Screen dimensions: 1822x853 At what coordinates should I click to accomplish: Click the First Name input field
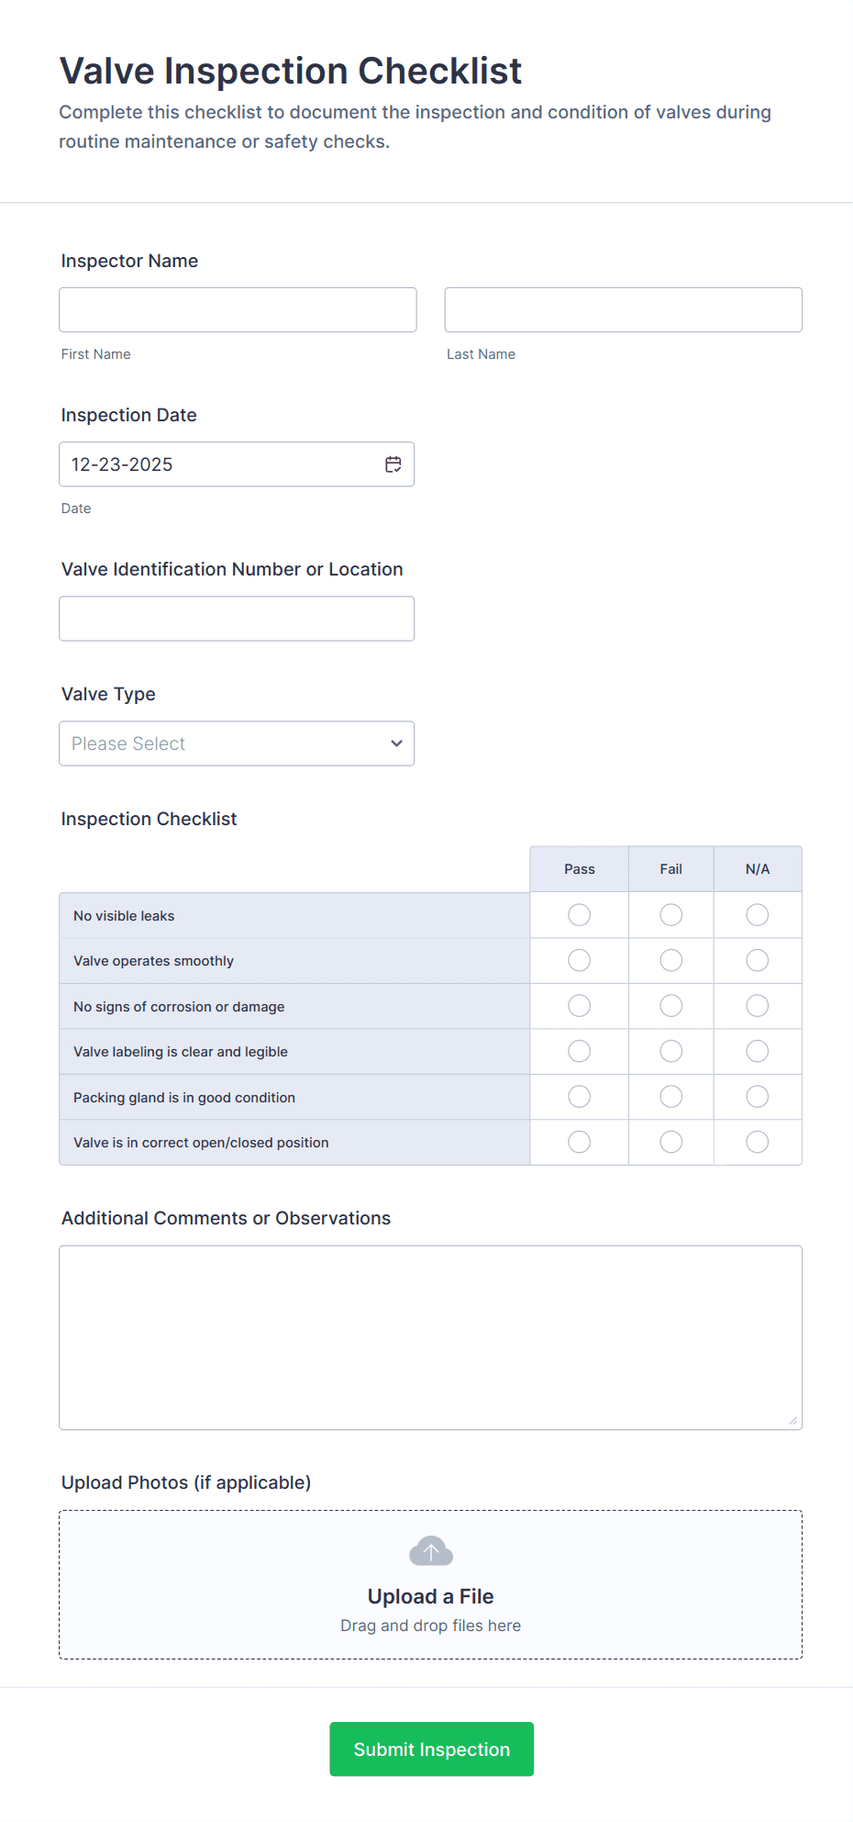point(238,310)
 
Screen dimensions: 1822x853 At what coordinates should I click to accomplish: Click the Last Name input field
point(623,310)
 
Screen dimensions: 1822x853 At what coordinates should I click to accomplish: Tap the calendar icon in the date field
point(393,464)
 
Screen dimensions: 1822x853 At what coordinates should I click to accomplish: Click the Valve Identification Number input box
point(237,619)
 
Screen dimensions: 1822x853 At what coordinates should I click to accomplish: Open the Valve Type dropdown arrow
point(396,743)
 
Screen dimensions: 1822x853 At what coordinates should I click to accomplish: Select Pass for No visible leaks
point(580,915)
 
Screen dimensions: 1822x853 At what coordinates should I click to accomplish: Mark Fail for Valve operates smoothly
point(671,960)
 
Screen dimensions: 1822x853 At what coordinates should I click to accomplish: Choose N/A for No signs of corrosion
point(758,1006)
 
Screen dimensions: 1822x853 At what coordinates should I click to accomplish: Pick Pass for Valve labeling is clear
point(580,1051)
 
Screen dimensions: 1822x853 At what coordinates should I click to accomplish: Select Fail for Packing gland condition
point(671,1097)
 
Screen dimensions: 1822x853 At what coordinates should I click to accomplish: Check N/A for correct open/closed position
point(758,1142)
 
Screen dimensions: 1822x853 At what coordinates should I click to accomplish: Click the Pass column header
point(580,869)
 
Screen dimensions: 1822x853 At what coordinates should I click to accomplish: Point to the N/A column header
point(758,869)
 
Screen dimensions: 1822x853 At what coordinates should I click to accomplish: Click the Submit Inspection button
point(431,1749)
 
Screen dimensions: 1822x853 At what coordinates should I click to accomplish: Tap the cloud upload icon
point(431,1551)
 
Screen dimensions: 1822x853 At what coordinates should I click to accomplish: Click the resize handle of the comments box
point(793,1421)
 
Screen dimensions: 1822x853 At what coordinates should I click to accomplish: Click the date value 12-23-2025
point(123,464)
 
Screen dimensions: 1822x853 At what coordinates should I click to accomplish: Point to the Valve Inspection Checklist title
point(291,71)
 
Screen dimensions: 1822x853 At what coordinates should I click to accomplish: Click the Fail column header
point(671,869)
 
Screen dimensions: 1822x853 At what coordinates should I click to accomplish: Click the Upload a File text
point(431,1596)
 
